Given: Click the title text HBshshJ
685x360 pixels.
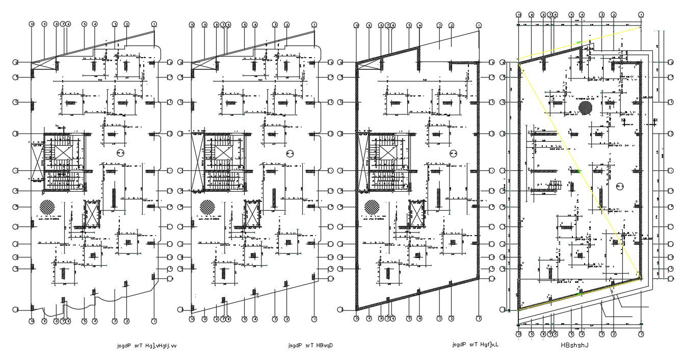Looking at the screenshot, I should (575, 345).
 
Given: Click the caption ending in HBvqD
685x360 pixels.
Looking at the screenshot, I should (310, 345).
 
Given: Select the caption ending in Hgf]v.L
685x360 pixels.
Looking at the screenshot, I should (475, 345).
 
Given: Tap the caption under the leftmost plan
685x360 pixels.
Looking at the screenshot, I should (147, 345).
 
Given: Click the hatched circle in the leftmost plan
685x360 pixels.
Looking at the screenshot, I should (47, 207).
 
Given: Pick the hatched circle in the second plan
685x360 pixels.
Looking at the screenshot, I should (207, 207).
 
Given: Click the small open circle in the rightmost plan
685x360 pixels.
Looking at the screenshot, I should (620, 186).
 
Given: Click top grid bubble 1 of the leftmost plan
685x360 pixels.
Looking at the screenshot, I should (154, 24).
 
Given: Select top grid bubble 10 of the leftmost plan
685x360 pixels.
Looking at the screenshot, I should (32, 24).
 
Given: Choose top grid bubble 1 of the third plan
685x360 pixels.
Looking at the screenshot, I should (478, 25).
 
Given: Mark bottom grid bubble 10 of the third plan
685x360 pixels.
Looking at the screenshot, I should (357, 319).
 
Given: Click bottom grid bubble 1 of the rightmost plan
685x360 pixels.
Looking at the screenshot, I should (641, 335).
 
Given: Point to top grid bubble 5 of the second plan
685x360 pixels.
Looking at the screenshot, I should (244, 24).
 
